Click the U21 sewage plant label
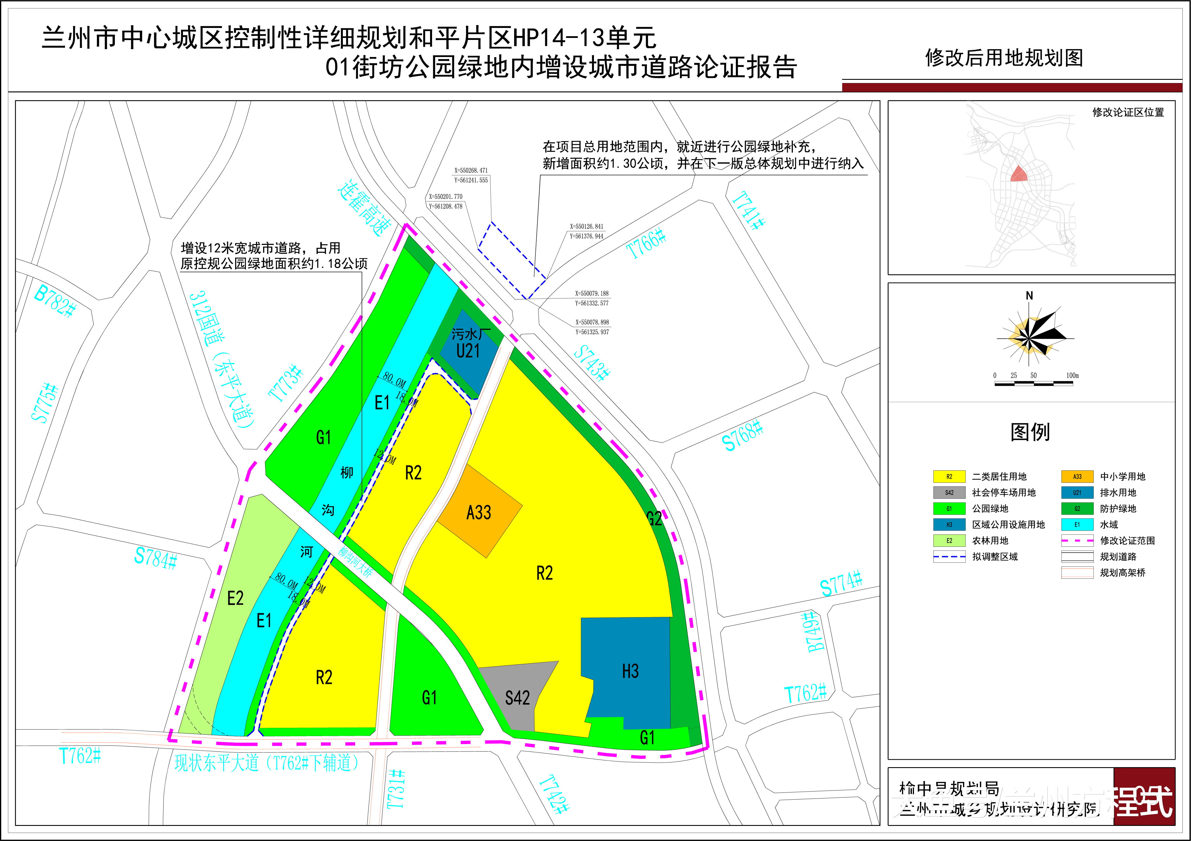pyautogui.click(x=468, y=351)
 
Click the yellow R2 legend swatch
pyautogui.click(x=949, y=476)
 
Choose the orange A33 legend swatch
pyautogui.click(x=1077, y=476)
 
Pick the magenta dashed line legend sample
pyautogui.click(x=1077, y=541)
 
